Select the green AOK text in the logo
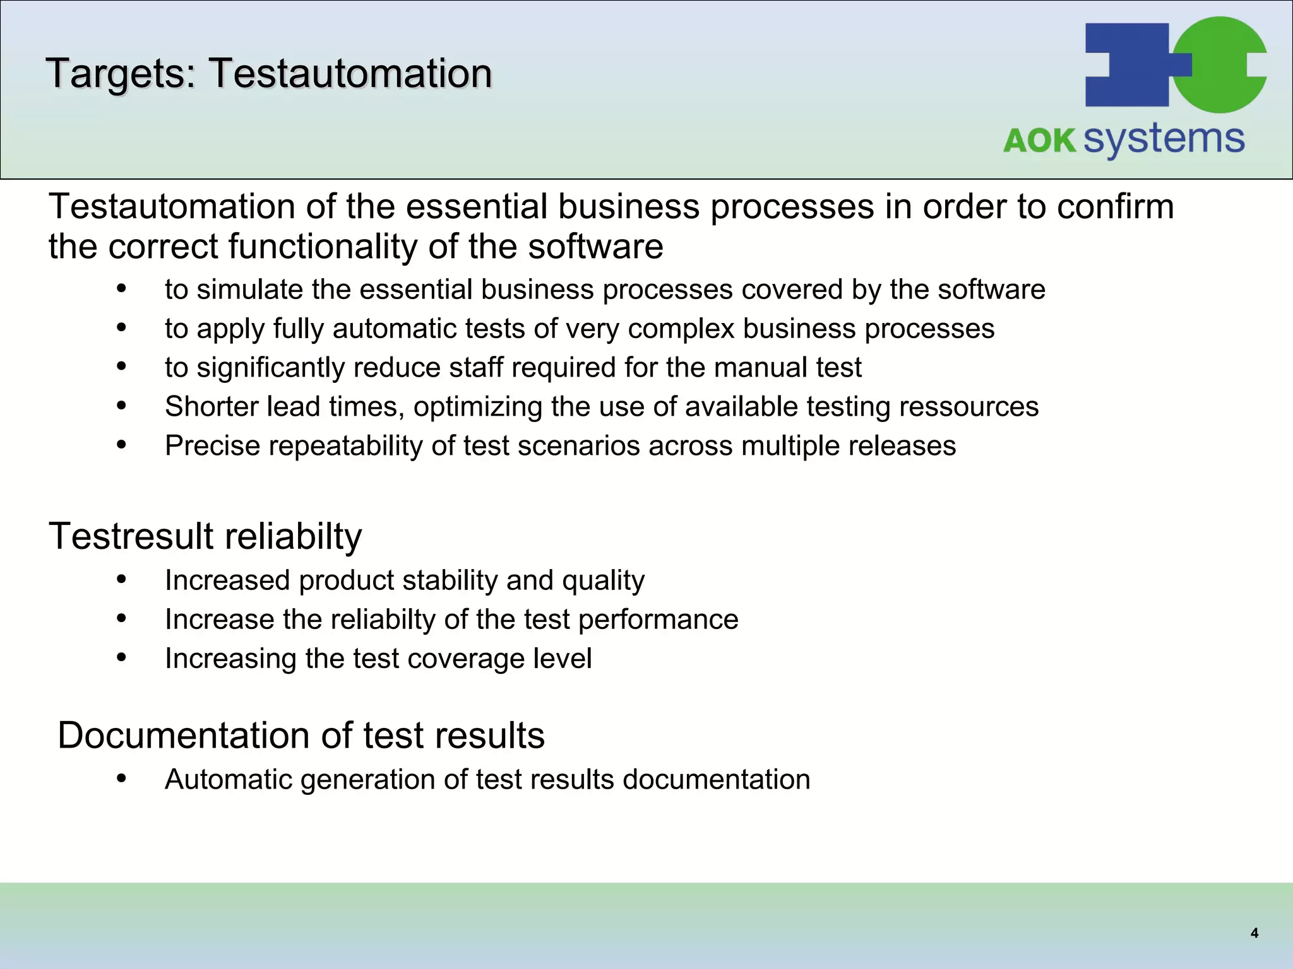[x=1039, y=140]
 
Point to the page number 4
[x=1254, y=933]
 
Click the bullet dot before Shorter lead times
[x=122, y=406]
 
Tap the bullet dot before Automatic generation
[x=122, y=778]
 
